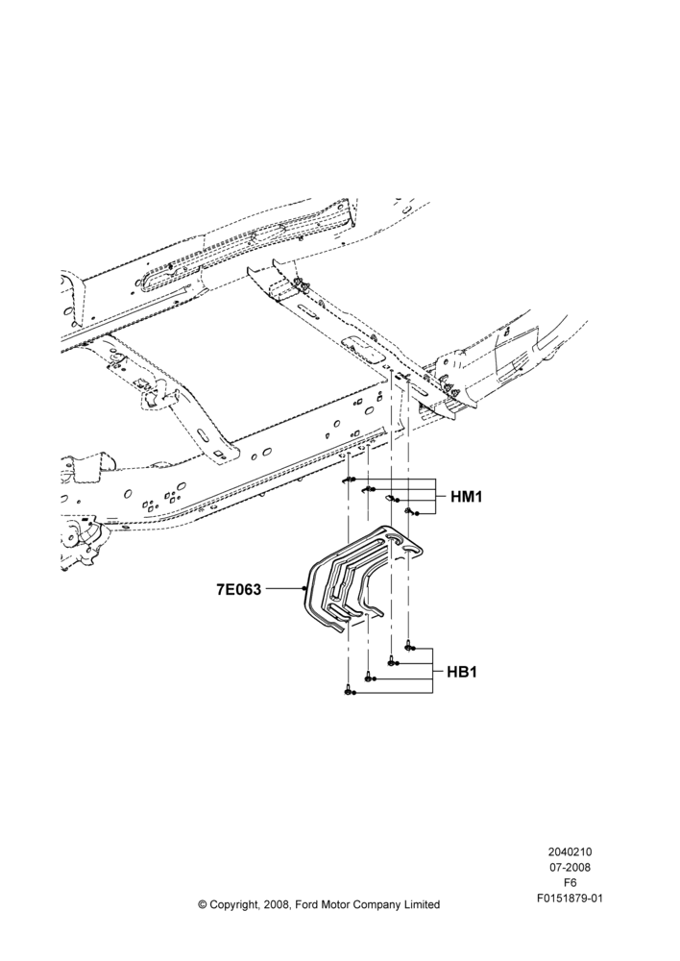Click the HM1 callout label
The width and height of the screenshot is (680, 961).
coord(466,497)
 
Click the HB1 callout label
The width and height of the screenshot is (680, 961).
coord(461,672)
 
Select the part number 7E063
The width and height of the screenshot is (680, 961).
coord(238,590)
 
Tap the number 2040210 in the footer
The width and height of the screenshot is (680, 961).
coord(570,851)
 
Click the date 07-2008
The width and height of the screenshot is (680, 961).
coord(570,867)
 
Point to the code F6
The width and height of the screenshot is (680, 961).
coord(570,883)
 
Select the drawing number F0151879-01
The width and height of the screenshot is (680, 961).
coord(570,899)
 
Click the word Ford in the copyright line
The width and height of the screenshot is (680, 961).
coord(308,904)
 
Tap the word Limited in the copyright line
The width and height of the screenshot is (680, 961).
coord(421,904)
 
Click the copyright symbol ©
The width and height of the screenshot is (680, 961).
coord(202,904)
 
